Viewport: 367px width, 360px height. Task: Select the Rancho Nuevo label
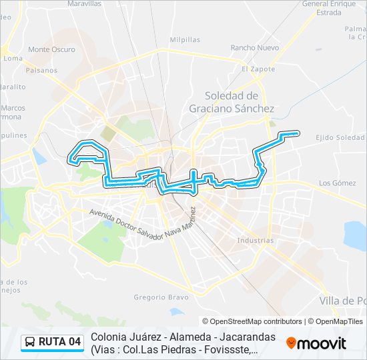click(254, 48)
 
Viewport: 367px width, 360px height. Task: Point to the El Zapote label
click(254, 69)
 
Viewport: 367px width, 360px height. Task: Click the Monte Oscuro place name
click(51, 49)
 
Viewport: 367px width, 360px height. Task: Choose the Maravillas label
click(84, 4)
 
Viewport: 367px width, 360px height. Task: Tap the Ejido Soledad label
click(340, 137)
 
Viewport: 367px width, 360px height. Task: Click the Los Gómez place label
click(337, 183)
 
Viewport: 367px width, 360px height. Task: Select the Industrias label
click(255, 240)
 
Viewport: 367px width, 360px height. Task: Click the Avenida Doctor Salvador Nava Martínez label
click(144, 227)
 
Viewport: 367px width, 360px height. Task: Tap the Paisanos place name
click(42, 69)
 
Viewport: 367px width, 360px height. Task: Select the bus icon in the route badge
click(31, 343)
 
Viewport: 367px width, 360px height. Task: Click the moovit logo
click(316, 343)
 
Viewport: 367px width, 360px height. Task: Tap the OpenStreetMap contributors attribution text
click(252, 321)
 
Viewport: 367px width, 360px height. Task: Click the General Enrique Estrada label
click(329, 8)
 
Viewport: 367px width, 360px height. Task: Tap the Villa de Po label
click(343, 301)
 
